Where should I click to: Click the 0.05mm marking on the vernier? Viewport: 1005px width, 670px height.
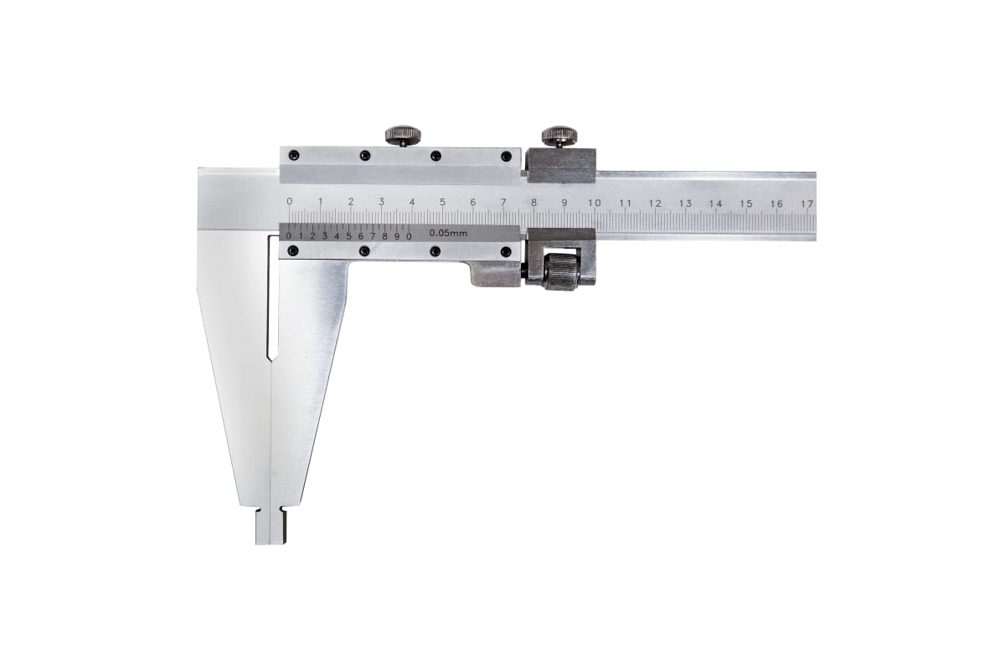click(448, 234)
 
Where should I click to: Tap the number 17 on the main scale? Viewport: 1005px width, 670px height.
click(807, 204)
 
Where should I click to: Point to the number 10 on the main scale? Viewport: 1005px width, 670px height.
click(594, 204)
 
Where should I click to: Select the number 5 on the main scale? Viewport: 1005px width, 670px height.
click(442, 202)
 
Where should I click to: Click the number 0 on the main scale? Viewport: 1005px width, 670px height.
click(290, 201)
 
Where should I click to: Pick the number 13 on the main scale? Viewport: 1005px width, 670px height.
click(685, 204)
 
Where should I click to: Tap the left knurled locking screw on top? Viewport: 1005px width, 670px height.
click(404, 135)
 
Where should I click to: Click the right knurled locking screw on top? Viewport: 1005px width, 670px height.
click(559, 136)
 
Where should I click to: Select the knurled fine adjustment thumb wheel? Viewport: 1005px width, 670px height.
click(560, 271)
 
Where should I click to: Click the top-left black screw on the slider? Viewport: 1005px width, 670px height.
click(293, 155)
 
